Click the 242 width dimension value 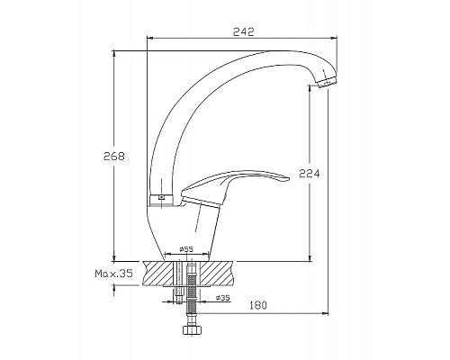click(243, 31)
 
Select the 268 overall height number click(113, 156)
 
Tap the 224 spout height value click(310, 174)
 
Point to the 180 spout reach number click(257, 305)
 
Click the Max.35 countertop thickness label click(114, 274)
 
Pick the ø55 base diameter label click(186, 249)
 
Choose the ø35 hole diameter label click(222, 298)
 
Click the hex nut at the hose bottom click(192, 329)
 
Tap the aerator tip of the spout click(327, 82)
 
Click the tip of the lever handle click(287, 179)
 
